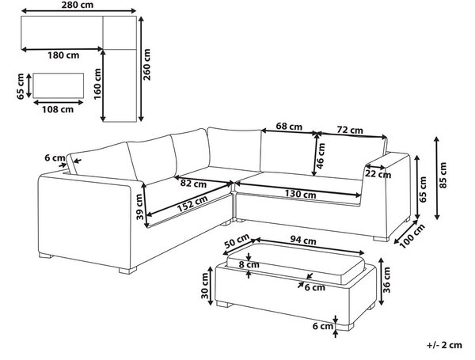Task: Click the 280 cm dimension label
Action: click(78, 5)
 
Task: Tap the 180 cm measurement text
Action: click(63, 55)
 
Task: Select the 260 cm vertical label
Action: click(146, 64)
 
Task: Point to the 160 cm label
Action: click(97, 84)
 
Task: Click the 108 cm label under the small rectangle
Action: click(58, 109)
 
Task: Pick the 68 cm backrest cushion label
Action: click(289, 126)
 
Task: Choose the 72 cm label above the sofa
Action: click(350, 130)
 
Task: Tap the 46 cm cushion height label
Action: click(321, 155)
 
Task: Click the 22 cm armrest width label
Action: click(378, 175)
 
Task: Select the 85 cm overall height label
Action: click(443, 176)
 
